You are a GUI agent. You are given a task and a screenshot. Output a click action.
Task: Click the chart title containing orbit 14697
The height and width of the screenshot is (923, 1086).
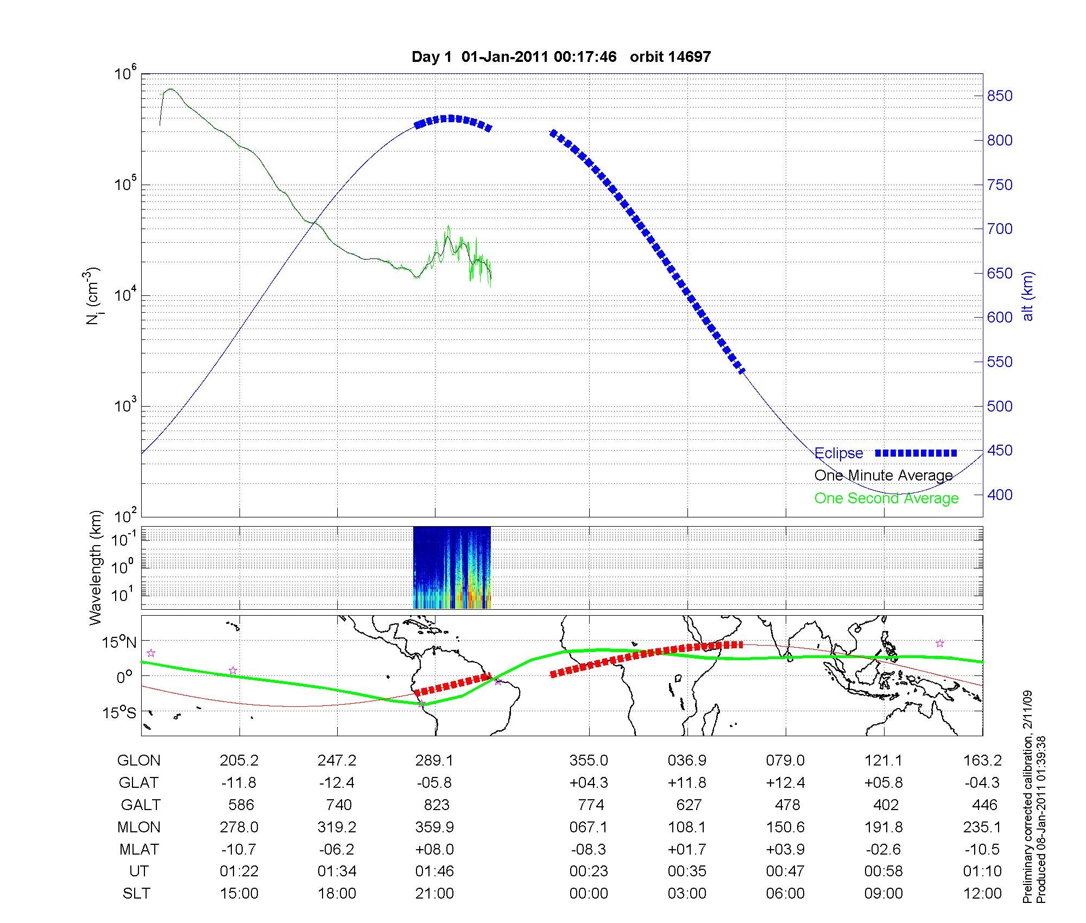[561, 57]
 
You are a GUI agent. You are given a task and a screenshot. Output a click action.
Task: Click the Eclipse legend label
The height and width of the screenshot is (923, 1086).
[838, 453]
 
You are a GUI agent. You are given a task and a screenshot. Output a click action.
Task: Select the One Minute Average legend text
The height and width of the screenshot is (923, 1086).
[883, 476]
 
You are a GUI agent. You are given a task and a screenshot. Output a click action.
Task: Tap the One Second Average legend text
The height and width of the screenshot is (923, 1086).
[886, 498]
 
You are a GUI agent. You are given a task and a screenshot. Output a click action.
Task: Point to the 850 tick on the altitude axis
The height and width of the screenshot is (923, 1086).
[999, 96]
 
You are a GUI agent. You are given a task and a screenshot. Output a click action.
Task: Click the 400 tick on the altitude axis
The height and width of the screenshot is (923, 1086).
[999, 495]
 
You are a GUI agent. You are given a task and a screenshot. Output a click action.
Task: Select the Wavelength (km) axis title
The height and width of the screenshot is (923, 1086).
[96, 568]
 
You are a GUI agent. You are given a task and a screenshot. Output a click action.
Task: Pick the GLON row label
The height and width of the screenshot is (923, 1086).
[138, 761]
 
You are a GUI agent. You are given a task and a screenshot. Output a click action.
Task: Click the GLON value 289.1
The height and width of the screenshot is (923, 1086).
[434, 761]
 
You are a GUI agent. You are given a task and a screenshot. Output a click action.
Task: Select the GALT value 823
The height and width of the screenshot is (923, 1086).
[437, 805]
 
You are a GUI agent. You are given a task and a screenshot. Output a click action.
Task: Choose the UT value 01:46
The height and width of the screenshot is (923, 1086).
[434, 871]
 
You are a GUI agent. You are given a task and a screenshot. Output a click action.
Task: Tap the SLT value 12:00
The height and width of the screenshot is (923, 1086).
[982, 894]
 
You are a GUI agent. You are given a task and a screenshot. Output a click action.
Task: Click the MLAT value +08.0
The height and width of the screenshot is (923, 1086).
[434, 849]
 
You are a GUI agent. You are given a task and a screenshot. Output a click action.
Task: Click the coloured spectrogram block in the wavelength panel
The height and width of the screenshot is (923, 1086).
[452, 567]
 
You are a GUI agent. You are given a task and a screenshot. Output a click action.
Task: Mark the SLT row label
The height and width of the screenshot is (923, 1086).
[136, 894]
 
